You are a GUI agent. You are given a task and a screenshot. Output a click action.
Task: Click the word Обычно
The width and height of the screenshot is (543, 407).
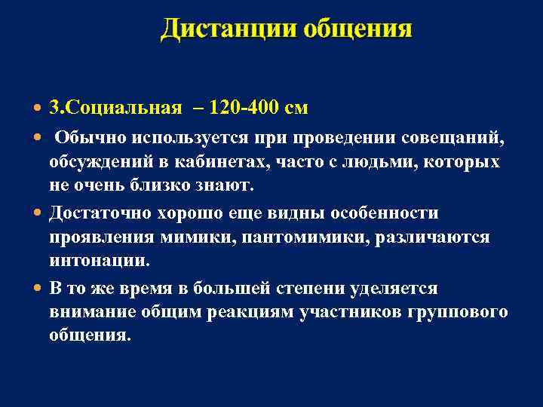click(90, 138)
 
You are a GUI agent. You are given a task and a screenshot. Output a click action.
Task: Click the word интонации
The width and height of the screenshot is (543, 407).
click(99, 262)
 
